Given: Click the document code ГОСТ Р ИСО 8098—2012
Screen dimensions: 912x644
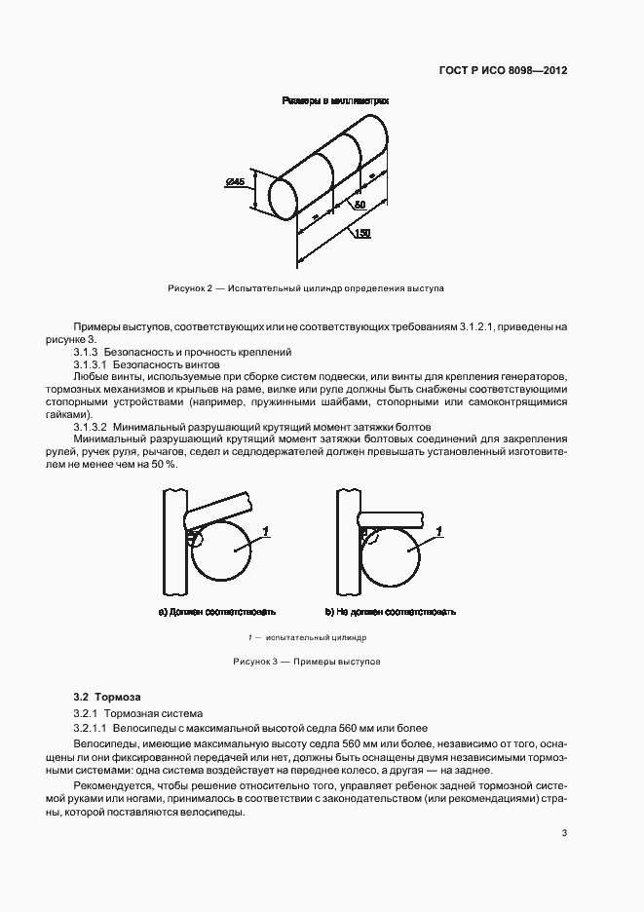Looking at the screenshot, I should coord(505,71).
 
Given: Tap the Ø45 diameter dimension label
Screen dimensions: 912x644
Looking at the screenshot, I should coord(235,182).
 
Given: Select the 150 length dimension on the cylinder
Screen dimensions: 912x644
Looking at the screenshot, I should coord(361,233).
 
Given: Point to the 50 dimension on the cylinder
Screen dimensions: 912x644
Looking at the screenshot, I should coord(359,206).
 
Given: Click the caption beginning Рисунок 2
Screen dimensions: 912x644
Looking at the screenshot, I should coord(306,289).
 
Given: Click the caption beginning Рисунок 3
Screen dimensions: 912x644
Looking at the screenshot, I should coord(306,662).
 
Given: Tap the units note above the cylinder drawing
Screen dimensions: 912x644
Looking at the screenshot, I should coord(335,100).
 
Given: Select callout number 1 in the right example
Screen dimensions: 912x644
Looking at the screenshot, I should coord(440,529).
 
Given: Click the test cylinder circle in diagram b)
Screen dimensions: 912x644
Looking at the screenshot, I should coord(393,552).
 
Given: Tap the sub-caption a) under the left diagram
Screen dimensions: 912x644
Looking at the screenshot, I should coord(216,612).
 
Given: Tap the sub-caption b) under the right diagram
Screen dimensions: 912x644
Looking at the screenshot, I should coord(391,612).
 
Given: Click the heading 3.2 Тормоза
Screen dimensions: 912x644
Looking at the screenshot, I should coord(107,697).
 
